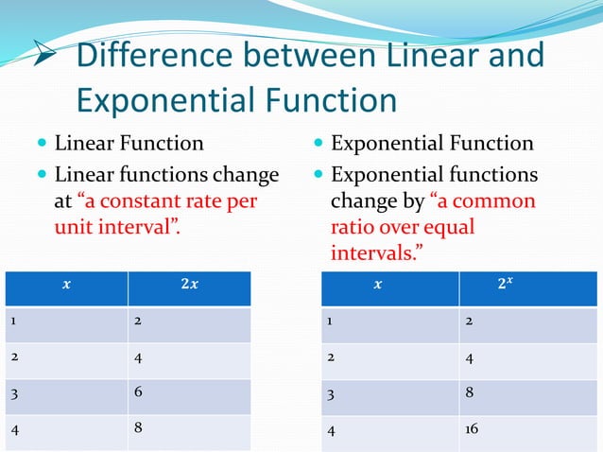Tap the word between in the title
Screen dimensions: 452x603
[299, 56]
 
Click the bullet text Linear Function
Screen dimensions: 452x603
[129, 144]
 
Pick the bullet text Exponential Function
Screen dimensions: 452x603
[431, 144]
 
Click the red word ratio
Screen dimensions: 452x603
[353, 228]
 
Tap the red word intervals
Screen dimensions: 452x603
[369, 253]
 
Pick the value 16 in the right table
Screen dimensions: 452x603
[472, 428]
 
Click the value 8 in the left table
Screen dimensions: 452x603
[138, 427]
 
